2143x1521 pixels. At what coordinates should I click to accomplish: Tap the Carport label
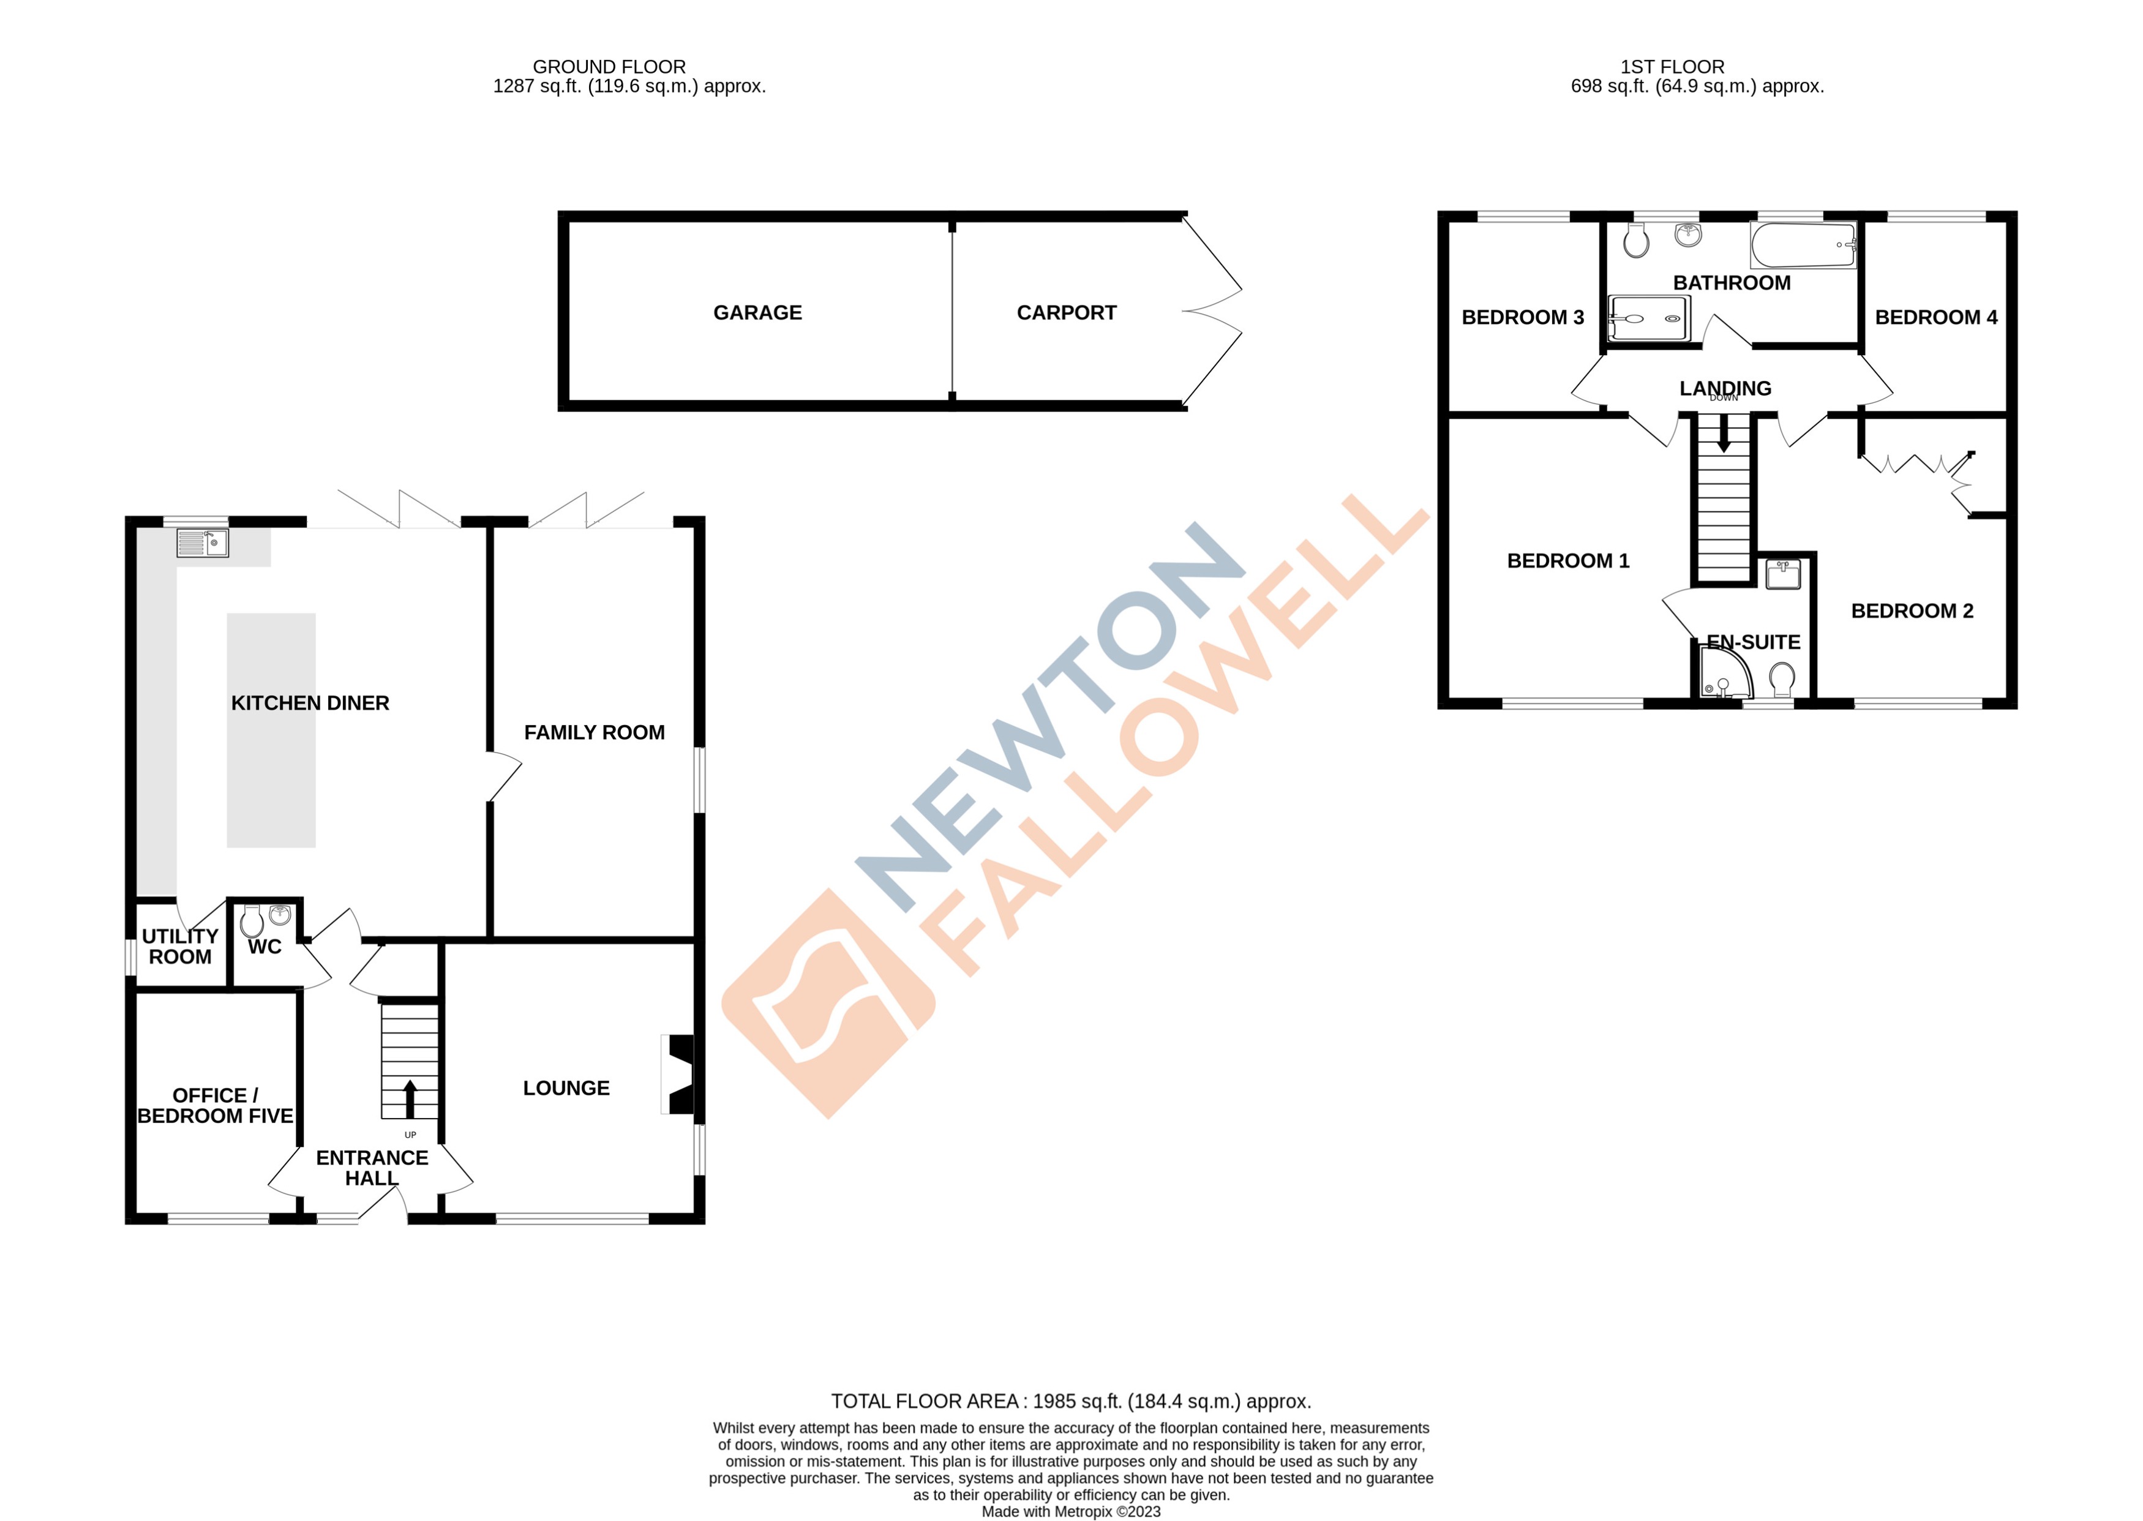pyautogui.click(x=1066, y=313)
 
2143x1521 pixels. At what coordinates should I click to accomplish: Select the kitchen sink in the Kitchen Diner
pyautogui.click(x=202, y=543)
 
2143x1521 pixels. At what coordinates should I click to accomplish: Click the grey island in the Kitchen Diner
pyautogui.click(x=271, y=730)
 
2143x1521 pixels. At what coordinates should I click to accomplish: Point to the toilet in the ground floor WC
pyautogui.click(x=251, y=923)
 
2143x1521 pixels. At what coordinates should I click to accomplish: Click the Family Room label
pyautogui.click(x=594, y=732)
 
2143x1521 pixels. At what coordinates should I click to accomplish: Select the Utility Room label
pyautogui.click(x=180, y=947)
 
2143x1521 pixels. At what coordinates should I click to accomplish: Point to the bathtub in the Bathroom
pyautogui.click(x=1802, y=246)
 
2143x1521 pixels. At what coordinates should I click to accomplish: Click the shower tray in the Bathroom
pyautogui.click(x=1648, y=318)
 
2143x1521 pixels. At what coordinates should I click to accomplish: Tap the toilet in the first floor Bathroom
pyautogui.click(x=1636, y=240)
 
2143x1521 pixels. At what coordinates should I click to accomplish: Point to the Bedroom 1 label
pyautogui.click(x=1568, y=561)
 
